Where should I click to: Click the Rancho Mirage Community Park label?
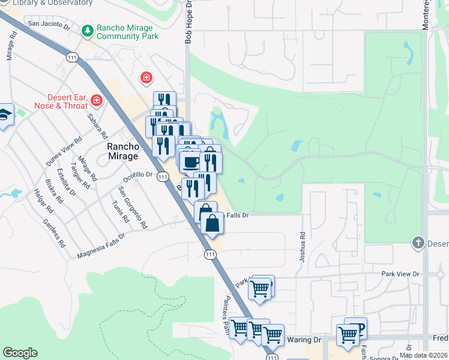[127, 31]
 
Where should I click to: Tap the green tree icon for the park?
[88, 30]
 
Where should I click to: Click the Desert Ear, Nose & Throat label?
[76, 102]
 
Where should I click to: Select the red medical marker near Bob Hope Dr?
[145, 77]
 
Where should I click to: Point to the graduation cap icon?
[4, 116]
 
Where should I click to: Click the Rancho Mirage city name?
[122, 151]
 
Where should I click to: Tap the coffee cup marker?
[191, 162]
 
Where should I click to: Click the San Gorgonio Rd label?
[133, 208]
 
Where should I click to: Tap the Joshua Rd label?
[303, 248]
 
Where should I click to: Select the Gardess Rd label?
[53, 233]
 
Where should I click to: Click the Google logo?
[20, 353]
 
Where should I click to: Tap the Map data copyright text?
[424, 355]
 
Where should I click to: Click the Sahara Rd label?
[97, 126]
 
